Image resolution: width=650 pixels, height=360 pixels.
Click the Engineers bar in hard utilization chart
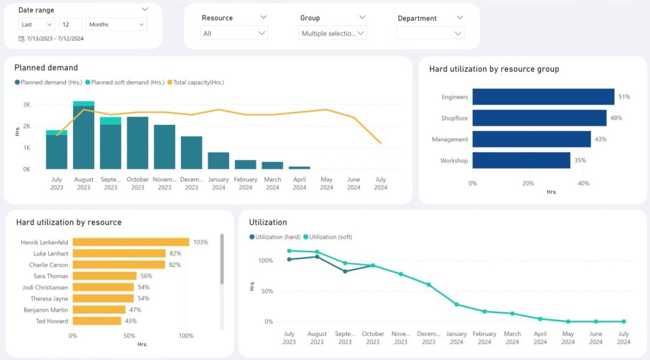543,97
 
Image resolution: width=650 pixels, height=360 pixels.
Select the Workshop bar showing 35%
521,161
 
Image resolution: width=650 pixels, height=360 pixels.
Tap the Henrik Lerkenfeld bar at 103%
131,242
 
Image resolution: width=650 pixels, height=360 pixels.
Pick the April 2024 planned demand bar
300,168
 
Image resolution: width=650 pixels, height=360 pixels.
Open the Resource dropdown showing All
234,33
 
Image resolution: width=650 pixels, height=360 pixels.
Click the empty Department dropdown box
430,33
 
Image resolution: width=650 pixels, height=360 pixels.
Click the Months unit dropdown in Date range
116,24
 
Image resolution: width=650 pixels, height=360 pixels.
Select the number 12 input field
70,24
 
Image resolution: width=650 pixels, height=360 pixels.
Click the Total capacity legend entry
198,82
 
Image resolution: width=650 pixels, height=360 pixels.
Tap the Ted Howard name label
52,321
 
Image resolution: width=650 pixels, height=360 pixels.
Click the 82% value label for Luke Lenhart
175,253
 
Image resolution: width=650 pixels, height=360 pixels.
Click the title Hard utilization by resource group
494,69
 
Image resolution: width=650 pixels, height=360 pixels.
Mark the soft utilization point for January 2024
456,304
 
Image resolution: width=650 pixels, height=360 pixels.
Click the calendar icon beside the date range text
22,39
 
